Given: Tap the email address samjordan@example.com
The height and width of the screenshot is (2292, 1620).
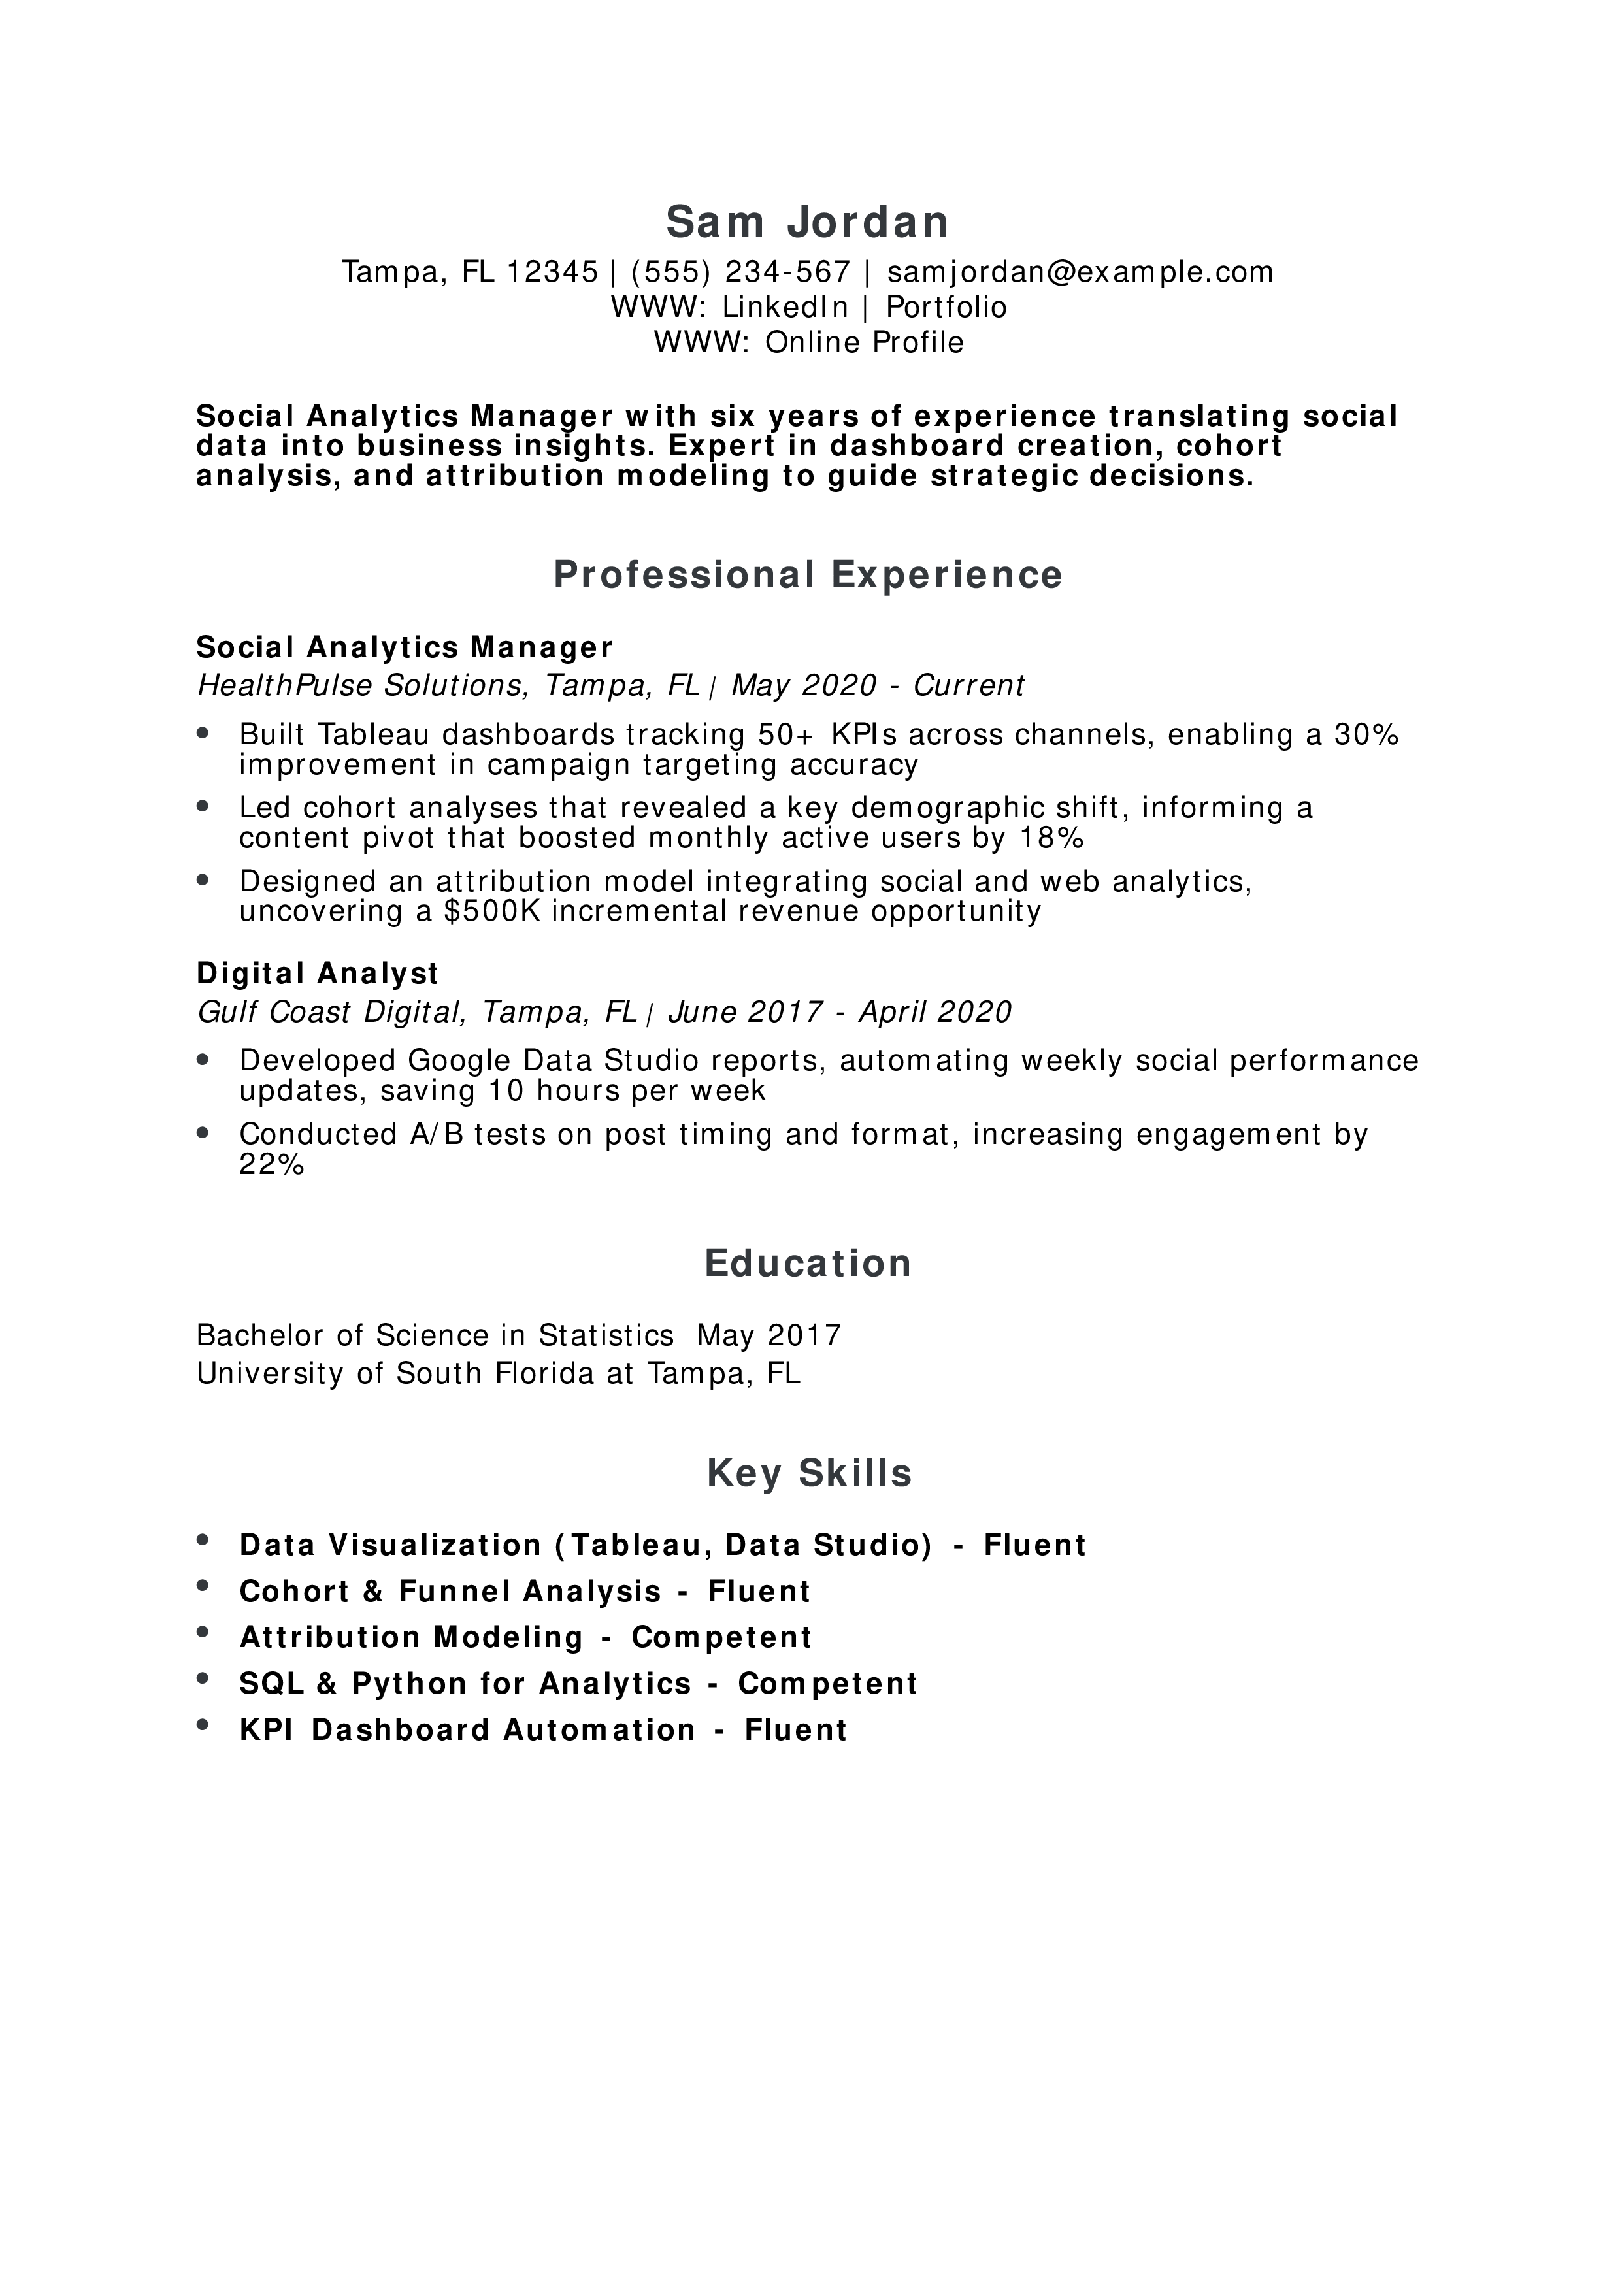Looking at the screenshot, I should click(x=1080, y=272).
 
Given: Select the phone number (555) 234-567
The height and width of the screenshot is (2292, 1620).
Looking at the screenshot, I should click(x=740, y=272).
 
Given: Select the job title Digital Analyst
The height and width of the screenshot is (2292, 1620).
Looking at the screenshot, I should click(x=318, y=974).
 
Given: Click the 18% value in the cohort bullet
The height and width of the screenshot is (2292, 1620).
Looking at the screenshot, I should click(x=1051, y=838).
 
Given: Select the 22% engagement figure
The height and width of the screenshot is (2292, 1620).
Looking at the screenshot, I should click(x=271, y=1165).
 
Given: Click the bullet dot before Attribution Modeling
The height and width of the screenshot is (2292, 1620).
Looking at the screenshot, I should click(x=204, y=1633).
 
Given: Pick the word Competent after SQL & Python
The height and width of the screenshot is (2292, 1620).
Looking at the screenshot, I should click(x=827, y=1684).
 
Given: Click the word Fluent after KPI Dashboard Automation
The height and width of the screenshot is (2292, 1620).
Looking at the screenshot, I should click(x=795, y=1730).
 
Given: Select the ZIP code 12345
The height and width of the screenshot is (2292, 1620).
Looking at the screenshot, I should click(x=552, y=272).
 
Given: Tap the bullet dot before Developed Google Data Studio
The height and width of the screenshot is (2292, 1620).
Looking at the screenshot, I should click(x=204, y=1058).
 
